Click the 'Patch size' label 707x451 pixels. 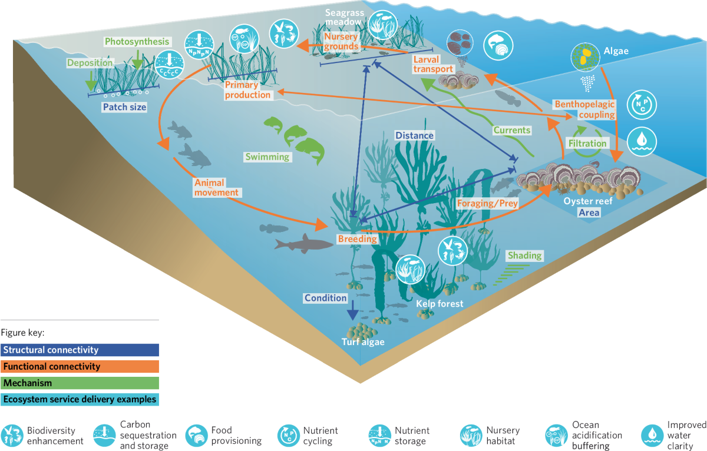124,107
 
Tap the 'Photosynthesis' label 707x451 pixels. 137,42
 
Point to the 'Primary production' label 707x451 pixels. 247,89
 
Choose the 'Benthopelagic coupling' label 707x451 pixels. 584,110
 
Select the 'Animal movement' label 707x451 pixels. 217,187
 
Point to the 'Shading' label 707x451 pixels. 524,256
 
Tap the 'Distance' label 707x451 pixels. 414,135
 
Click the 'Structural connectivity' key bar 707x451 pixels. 80,350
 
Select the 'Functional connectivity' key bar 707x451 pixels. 80,366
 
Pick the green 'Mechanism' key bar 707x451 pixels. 80,383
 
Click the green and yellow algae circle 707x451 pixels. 583,58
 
